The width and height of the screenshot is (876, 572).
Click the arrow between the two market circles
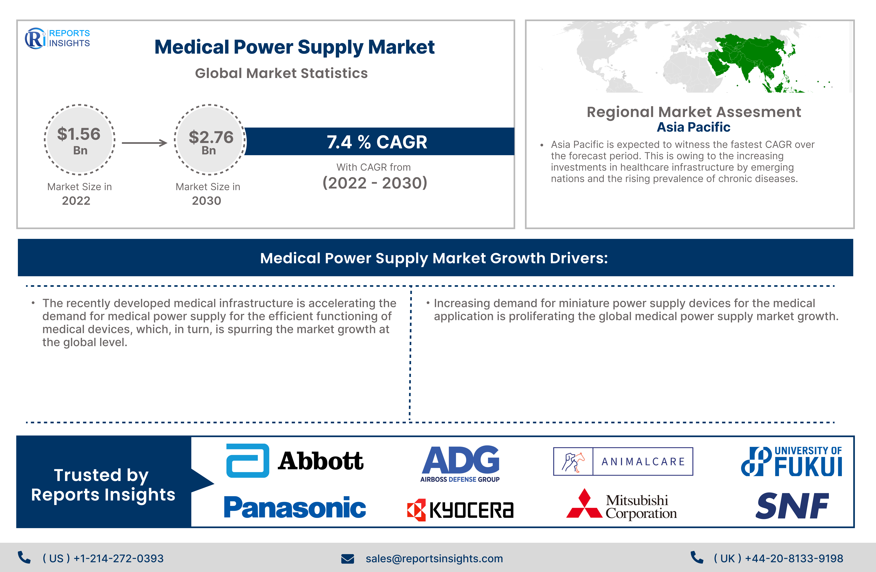click(144, 143)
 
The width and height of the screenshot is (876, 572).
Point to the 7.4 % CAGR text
click(377, 142)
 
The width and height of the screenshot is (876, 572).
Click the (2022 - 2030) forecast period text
click(375, 183)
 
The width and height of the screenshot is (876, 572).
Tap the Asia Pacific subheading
click(693, 127)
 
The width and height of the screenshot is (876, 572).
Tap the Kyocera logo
click(460, 510)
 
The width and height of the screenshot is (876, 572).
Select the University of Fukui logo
click(791, 461)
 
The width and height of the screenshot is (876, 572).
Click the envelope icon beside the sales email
click(347, 559)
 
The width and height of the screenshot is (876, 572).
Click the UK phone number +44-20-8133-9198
click(794, 558)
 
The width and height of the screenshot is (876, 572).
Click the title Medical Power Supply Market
click(294, 47)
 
